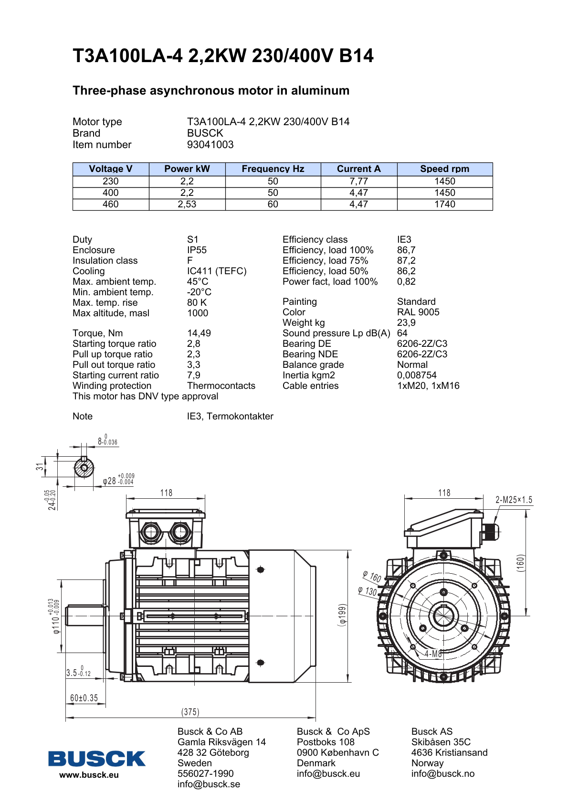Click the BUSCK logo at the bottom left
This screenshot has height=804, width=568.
(x=96, y=759)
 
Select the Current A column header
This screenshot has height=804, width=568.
(x=358, y=169)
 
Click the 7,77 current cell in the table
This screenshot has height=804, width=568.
(x=358, y=182)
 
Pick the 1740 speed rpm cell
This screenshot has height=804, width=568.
(x=444, y=204)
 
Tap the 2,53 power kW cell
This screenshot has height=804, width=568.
(x=187, y=204)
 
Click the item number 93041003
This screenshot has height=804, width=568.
(x=210, y=145)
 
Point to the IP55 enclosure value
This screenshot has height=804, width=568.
(x=197, y=250)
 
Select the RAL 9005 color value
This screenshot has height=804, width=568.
(x=418, y=312)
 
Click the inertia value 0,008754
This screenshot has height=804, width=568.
(x=417, y=375)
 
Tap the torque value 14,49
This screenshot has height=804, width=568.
(x=199, y=333)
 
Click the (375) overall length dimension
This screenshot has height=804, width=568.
(x=190, y=712)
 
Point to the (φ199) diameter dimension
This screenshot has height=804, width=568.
(x=342, y=615)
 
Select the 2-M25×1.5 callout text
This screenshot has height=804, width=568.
(x=514, y=500)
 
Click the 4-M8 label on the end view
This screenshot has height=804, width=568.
(x=433, y=654)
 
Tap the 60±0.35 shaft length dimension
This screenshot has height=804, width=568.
(x=84, y=698)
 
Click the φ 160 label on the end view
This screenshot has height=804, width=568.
(x=372, y=577)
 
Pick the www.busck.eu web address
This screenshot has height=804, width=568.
(x=89, y=775)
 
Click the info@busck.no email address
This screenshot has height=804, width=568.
(x=442, y=774)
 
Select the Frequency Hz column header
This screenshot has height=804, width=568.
(x=273, y=169)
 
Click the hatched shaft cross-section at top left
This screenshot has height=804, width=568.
(x=84, y=467)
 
